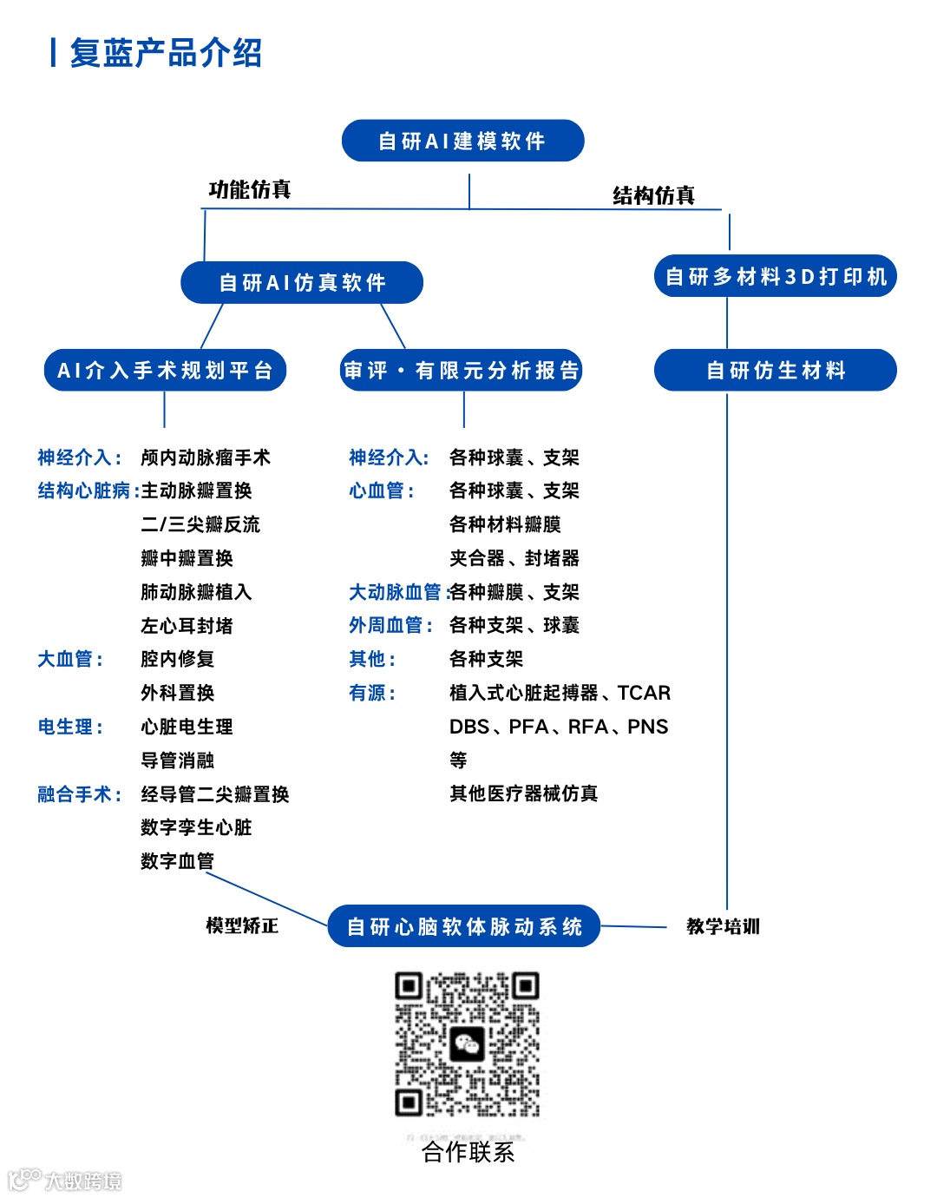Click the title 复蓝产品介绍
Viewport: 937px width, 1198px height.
[165, 53]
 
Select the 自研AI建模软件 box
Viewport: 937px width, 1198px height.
[462, 141]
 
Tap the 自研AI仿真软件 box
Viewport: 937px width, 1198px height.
[302, 282]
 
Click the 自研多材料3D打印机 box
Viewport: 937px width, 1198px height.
[775, 276]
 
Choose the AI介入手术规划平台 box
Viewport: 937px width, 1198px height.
[165, 371]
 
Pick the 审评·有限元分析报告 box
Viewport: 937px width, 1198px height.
[461, 371]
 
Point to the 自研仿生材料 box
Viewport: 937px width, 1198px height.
[775, 371]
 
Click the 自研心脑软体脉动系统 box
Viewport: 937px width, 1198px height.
[464, 926]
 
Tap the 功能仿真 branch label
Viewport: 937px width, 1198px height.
[250, 189]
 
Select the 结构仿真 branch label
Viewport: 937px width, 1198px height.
[653, 195]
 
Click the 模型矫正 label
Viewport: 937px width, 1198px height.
[242, 925]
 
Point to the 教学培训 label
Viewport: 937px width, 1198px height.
[723, 926]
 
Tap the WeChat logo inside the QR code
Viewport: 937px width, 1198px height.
[467, 1043]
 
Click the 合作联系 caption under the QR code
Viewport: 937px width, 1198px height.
[468, 1152]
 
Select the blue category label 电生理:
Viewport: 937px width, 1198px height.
[70, 727]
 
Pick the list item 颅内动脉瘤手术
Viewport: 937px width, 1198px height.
[206, 457]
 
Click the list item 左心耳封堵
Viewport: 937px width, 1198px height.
[187, 626]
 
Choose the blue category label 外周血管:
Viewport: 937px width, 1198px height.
[390, 626]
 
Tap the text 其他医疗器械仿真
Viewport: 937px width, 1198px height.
[523, 793]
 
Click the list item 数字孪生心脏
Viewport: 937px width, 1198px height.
[196, 827]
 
